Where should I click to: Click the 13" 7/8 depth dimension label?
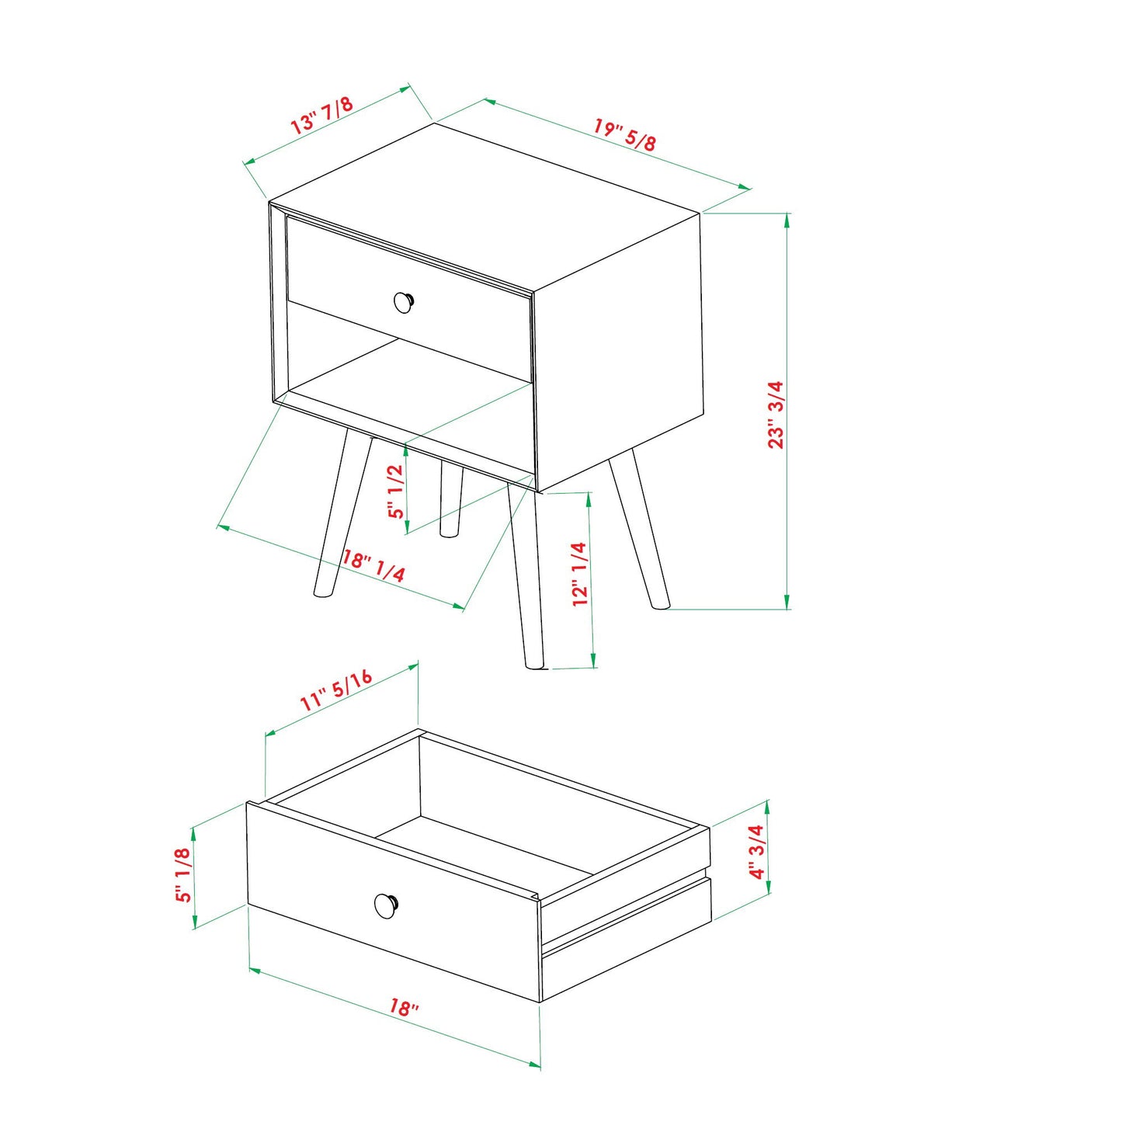(321, 115)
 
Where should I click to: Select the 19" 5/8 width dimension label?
(625, 134)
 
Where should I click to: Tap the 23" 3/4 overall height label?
(776, 414)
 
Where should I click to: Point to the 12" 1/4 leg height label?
(579, 574)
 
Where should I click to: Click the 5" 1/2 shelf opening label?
(396, 491)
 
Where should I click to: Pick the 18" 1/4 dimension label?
(373, 566)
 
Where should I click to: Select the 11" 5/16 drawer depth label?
(337, 690)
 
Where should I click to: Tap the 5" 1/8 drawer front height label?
(182, 874)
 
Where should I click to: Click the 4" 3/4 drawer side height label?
(756, 851)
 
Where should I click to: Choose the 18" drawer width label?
(404, 1007)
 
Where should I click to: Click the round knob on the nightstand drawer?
(404, 302)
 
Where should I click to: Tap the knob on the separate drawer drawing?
(386, 905)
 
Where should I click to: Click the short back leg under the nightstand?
(450, 499)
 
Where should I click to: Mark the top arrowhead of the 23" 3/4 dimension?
(787, 219)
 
